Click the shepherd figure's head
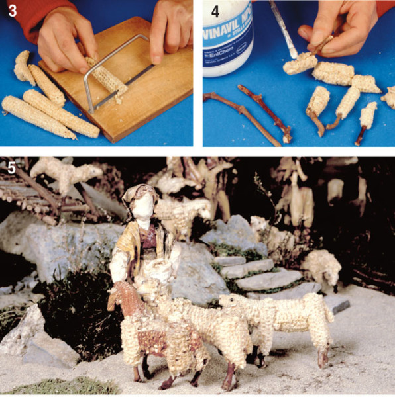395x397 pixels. tap(139, 202)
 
